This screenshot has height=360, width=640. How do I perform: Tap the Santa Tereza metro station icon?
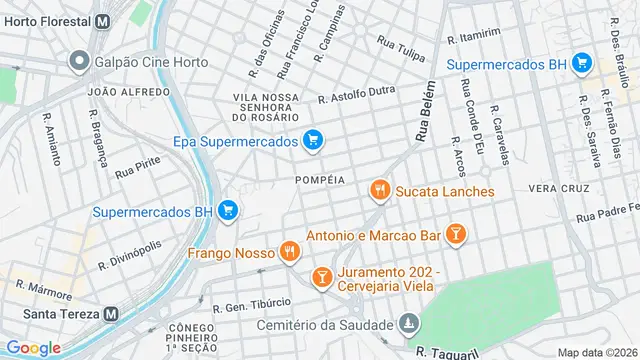[111, 312]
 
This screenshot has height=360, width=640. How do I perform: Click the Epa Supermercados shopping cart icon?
[313, 141]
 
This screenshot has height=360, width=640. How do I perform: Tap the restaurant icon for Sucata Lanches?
[379, 190]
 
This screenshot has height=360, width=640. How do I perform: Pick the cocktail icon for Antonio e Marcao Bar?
[456, 235]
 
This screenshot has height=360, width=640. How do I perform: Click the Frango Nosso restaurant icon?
[290, 252]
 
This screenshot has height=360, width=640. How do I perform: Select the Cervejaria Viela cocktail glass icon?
[322, 276]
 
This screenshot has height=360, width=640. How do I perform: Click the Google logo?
[33, 348]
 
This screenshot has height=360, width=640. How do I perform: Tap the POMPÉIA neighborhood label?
[320, 180]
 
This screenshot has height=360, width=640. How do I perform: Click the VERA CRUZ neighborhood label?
[556, 188]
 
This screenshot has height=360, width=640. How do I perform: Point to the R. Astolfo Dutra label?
[356, 97]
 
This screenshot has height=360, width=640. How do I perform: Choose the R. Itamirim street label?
[474, 35]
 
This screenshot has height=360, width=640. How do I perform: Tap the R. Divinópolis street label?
[130, 256]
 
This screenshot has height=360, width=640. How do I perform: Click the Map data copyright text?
[597, 352]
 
